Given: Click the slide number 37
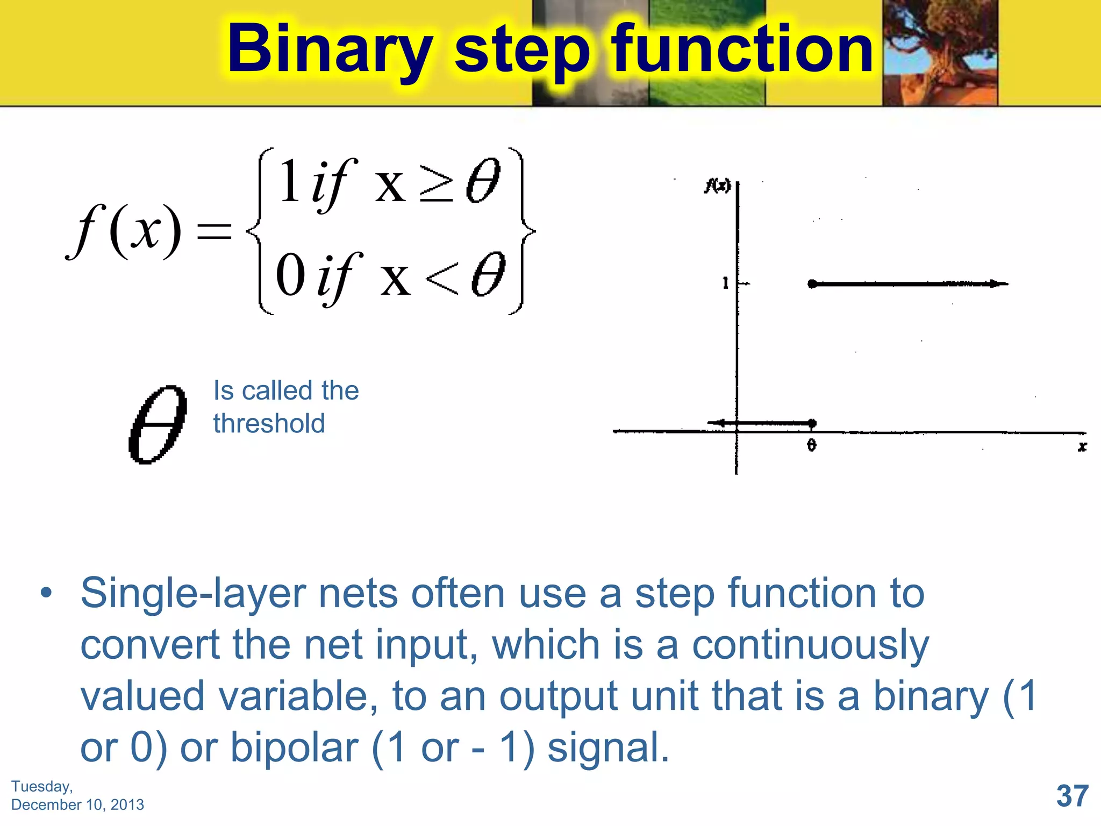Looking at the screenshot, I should (x=1072, y=796).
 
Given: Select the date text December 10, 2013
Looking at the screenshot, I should (x=77, y=804).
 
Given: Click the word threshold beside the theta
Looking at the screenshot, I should (x=269, y=423).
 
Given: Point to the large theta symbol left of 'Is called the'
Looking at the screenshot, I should (x=158, y=424).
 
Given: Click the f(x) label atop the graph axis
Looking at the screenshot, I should (x=718, y=186).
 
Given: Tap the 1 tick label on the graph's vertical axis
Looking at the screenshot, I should (x=726, y=283).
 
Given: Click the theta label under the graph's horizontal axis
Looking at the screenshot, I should (x=812, y=445).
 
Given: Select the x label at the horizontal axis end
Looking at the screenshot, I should (x=1082, y=446).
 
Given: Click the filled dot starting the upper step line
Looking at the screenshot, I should (x=812, y=283).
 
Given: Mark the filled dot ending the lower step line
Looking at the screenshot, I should (x=812, y=423).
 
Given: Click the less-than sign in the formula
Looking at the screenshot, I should (x=442, y=279).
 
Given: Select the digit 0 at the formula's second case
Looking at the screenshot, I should (x=291, y=276).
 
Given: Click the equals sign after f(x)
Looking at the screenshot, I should (x=215, y=232).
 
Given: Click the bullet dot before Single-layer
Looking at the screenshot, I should (x=47, y=593).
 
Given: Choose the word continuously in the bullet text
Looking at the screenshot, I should (x=810, y=645).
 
